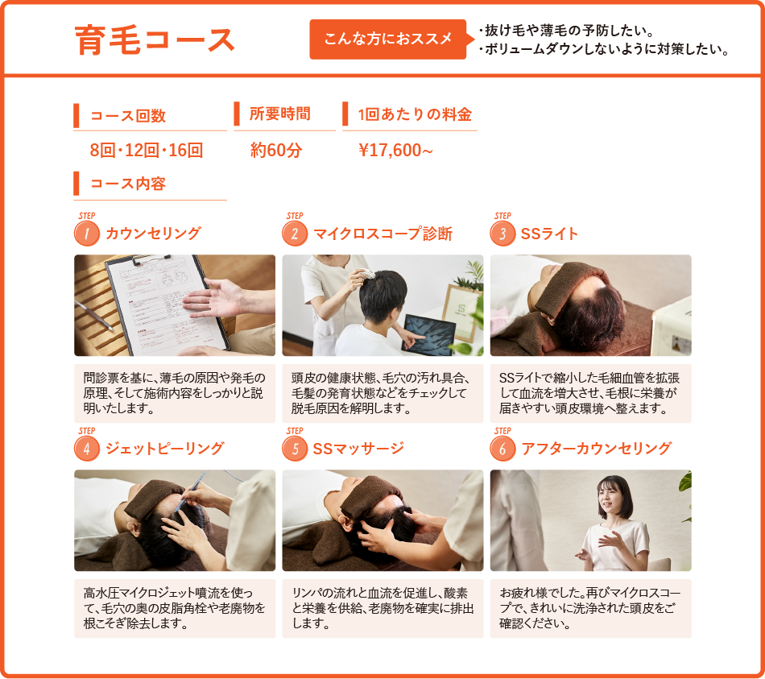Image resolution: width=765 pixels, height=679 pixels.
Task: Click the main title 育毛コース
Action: point(155,40)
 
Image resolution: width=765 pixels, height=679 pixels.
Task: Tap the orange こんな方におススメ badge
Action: point(387,39)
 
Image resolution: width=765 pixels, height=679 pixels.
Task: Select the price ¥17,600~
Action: point(396,150)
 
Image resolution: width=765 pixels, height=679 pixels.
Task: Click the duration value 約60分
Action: point(276,150)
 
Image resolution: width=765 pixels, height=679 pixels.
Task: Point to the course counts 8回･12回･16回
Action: point(146,150)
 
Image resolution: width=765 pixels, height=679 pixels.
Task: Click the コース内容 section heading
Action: point(127,184)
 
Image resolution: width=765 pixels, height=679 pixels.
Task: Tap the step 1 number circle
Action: point(86,234)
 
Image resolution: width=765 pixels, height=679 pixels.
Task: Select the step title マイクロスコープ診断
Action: point(382,234)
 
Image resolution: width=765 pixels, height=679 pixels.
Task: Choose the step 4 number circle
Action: point(86,449)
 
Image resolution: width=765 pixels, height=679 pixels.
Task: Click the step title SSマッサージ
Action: point(358,449)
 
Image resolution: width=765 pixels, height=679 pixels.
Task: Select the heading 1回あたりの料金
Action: point(415,114)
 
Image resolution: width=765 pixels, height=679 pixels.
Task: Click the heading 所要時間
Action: point(279,114)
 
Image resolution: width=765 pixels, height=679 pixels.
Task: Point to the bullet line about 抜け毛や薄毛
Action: point(564,31)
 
